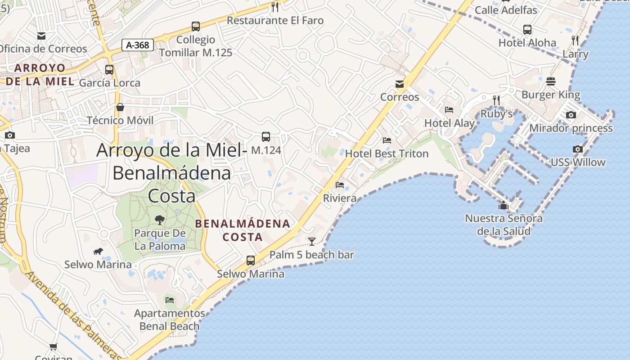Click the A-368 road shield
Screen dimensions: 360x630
tap(138, 45)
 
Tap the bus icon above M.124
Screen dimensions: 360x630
tap(266, 136)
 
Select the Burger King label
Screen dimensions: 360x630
tap(551, 95)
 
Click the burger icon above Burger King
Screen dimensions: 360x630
tap(551, 81)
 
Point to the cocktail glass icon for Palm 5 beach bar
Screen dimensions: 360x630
tap(311, 242)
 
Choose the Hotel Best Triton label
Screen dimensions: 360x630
tap(387, 153)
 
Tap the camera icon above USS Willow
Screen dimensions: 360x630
tap(578, 149)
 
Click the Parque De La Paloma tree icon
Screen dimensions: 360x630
tap(160, 220)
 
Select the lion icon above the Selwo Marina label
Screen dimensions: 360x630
tap(98, 251)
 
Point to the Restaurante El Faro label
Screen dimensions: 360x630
tap(275, 20)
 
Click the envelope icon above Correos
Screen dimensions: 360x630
tap(399, 84)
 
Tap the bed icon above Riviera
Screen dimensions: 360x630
tap(340, 185)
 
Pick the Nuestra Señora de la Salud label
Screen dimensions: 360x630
tap(504, 225)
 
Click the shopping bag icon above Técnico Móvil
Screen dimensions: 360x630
tap(120, 107)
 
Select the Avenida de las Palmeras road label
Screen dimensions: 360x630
tap(72, 315)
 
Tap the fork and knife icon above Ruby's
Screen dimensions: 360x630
tap(496, 100)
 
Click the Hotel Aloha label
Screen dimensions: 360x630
tap(527, 43)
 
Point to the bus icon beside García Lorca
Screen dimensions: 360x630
tap(109, 70)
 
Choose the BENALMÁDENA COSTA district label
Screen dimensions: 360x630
tap(243, 230)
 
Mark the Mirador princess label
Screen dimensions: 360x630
tap(571, 128)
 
